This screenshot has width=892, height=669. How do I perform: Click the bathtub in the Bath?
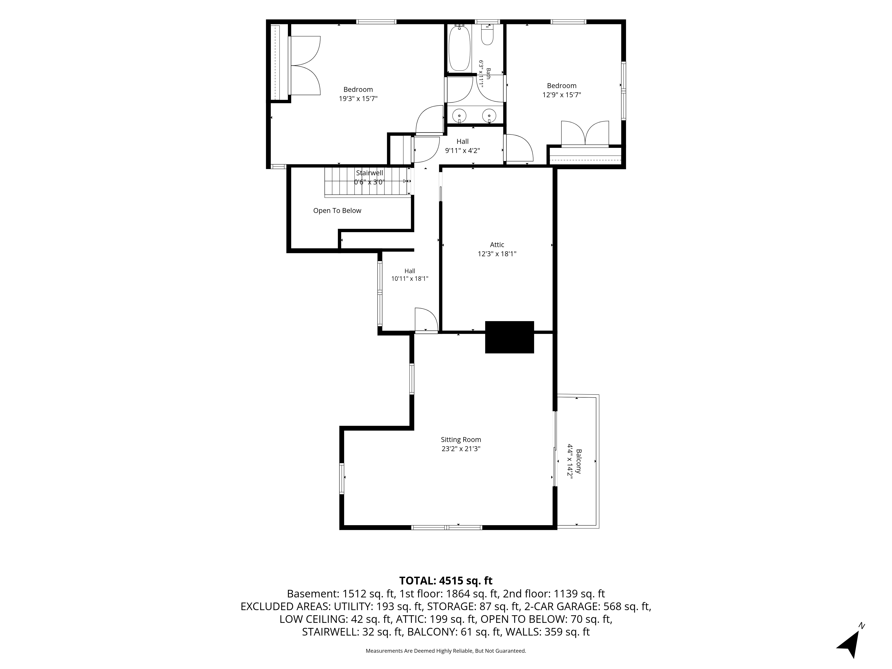[460, 47]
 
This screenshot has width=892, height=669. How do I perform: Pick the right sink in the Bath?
[489, 116]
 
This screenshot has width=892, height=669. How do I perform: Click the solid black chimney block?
[509, 337]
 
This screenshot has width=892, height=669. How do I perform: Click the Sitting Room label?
[461, 440]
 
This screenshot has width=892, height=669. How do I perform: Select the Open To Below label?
[337, 211]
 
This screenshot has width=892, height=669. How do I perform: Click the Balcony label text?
[579, 461]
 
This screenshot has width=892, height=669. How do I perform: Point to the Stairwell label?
[369, 173]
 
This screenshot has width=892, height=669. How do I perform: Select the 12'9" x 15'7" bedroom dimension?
[562, 95]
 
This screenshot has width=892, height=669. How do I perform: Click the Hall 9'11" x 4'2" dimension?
[463, 151]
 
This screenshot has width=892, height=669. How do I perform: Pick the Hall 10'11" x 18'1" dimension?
[410, 278]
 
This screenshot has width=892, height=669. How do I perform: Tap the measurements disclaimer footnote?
[446, 651]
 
